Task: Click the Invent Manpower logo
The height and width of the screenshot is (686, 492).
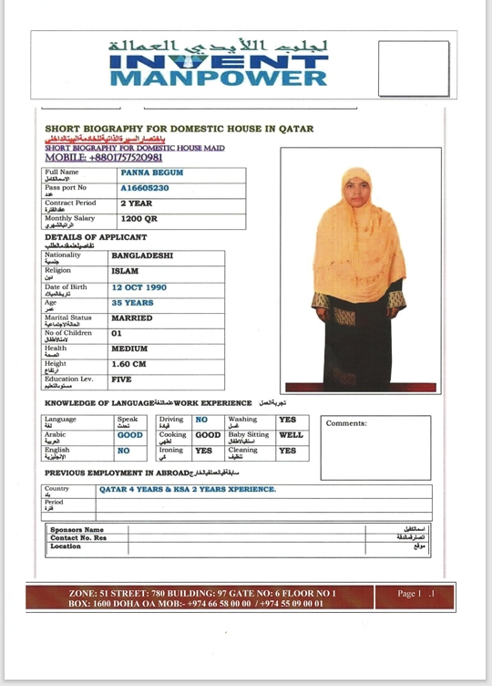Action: (x=219, y=63)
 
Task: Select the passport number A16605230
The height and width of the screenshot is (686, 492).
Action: (x=145, y=188)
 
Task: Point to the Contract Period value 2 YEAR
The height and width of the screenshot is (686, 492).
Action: (x=137, y=203)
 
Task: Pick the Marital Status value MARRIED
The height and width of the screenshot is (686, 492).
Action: (x=132, y=318)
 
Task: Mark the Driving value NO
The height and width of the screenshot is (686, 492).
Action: (x=202, y=420)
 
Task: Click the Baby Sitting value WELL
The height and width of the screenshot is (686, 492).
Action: (x=291, y=435)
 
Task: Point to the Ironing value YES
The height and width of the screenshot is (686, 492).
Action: (x=204, y=451)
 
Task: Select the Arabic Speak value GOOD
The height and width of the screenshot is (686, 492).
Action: (x=130, y=435)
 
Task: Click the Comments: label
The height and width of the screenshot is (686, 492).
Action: (x=346, y=423)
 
